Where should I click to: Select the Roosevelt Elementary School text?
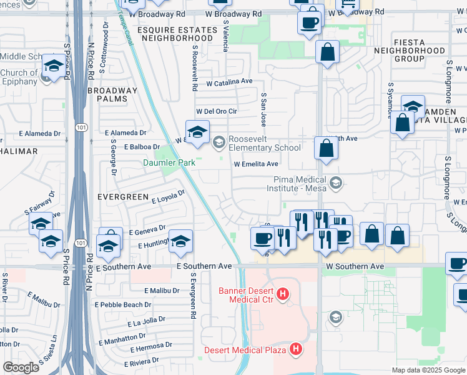[x=265, y=143]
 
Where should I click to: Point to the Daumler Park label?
[x=169, y=163]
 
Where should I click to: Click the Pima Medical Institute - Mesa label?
[x=298, y=182]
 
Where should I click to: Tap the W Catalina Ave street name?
[x=229, y=82]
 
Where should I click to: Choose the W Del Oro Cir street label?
[x=217, y=111]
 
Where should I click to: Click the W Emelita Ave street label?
[x=255, y=164]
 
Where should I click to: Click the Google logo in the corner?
[x=21, y=367]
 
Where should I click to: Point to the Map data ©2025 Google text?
[x=428, y=370]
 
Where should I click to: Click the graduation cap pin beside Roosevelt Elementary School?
[x=197, y=133]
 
